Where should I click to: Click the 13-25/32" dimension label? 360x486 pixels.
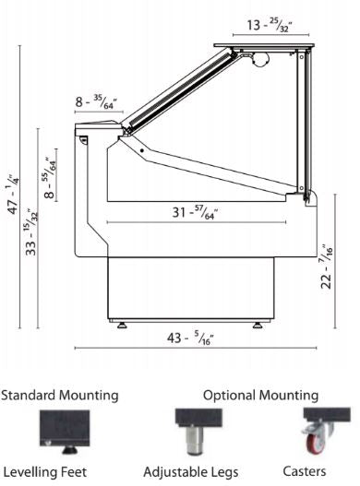270,26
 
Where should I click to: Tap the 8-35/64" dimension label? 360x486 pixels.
96,102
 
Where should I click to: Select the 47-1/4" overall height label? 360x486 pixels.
13,192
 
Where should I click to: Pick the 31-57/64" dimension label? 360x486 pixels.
195,213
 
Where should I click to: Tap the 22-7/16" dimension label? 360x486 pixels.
326,267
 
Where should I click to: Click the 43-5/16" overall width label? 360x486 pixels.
190,338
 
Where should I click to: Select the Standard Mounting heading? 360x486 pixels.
60,396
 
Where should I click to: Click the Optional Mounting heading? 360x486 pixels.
260,396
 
